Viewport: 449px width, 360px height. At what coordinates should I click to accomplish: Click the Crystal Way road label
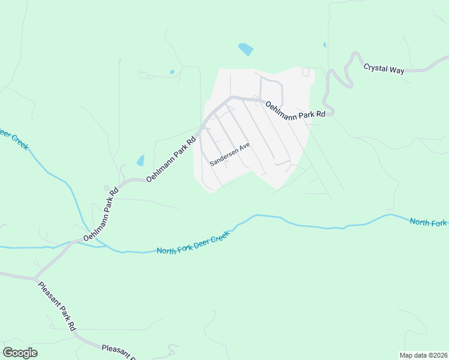pos(384,68)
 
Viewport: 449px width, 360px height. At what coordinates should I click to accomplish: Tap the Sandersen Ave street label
pos(229,154)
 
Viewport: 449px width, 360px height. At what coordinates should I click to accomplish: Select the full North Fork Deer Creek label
pos(194,242)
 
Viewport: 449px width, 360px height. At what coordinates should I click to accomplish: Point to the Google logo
pos(20,353)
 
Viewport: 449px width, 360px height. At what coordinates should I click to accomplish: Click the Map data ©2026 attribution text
pos(423,355)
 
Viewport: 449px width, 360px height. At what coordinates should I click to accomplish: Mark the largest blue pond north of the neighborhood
pos(246,49)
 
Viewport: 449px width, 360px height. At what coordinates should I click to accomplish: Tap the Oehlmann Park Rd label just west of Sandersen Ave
pos(171,159)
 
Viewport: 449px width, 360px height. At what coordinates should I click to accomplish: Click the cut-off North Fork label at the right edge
pos(429,223)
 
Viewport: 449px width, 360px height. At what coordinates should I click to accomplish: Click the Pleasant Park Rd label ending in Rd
pos(56,307)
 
